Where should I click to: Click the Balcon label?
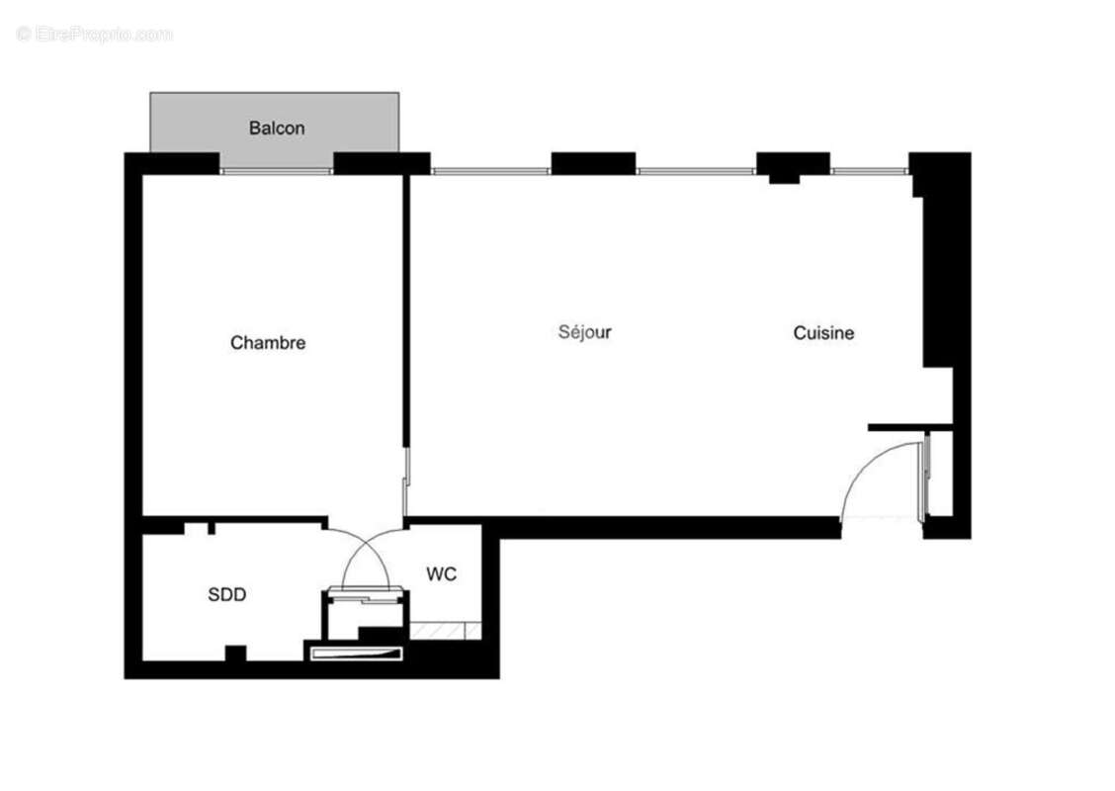pos(277,128)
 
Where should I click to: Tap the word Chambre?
pos(268,343)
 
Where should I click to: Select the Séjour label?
pos(584,332)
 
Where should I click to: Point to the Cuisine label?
pos(823,333)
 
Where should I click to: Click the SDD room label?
pos(226,594)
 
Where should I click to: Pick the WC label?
pos(441,574)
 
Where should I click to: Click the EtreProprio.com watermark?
pos(94,34)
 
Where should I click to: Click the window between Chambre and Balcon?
pos(276,171)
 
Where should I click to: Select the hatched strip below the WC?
pos(445,630)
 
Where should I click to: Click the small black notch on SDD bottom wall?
pos(235,653)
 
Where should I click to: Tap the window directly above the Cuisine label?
pos(869,171)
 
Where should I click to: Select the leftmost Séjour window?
pos(490,171)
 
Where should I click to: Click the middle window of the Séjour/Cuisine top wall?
pos(696,171)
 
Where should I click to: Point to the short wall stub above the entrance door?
pos(909,427)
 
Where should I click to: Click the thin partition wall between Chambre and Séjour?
pos(406,310)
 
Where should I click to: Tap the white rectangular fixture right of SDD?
pos(357,654)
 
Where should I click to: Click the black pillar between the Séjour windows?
pos(593,163)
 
